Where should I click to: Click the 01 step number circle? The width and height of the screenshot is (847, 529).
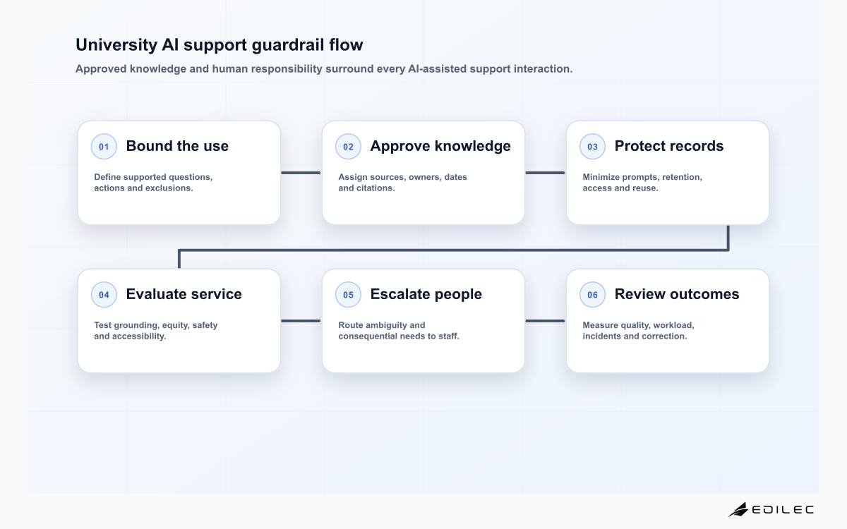click(x=104, y=146)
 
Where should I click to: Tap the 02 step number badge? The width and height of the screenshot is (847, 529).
click(x=348, y=146)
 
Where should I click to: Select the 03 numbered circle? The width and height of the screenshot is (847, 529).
click(x=592, y=146)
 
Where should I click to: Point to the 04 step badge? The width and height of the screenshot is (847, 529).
click(x=104, y=294)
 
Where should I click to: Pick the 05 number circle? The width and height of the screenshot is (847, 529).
click(x=348, y=294)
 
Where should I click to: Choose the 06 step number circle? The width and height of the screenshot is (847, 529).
click(x=592, y=294)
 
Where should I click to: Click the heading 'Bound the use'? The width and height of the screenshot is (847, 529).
click(x=177, y=146)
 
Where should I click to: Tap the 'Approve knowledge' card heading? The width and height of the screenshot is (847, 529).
click(x=440, y=146)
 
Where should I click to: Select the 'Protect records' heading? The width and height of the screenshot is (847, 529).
click(x=669, y=146)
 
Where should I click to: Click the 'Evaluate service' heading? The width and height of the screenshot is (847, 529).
click(x=184, y=294)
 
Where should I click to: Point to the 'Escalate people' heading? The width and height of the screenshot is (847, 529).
click(x=426, y=294)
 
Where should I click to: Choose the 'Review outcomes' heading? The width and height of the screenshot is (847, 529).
click(x=677, y=294)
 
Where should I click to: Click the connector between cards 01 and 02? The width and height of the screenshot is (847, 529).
click(x=301, y=173)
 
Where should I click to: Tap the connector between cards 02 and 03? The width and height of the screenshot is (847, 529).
click(x=545, y=173)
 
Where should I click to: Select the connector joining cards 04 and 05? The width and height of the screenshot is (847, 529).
click(x=301, y=321)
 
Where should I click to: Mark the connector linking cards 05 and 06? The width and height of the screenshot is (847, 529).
click(x=545, y=321)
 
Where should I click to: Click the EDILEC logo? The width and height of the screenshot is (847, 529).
click(x=771, y=509)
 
